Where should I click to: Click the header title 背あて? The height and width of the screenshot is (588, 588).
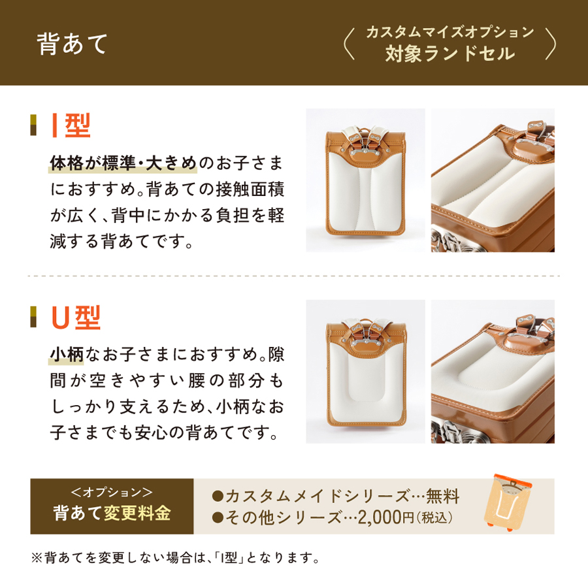pyautogui.click(x=72, y=44)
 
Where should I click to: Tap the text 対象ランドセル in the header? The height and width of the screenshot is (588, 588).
pyautogui.click(x=450, y=54)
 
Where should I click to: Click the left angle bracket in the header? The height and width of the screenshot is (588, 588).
pyautogui.click(x=349, y=44)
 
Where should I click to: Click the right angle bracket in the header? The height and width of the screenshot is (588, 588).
pyautogui.click(x=550, y=44)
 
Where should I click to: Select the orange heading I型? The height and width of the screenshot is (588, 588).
pyautogui.click(x=71, y=125)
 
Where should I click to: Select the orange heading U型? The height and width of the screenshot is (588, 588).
pyautogui.click(x=76, y=318)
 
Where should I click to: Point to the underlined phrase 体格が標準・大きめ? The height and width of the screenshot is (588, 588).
pyautogui.click(x=123, y=163)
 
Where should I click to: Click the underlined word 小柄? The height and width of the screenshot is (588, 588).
pyautogui.click(x=67, y=354)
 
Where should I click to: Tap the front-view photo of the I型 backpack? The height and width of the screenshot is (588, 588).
pyautogui.click(x=365, y=180)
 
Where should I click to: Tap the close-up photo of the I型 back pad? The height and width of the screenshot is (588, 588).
pyautogui.click(x=493, y=180)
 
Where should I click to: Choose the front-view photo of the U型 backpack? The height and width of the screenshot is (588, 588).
pyautogui.click(x=365, y=371)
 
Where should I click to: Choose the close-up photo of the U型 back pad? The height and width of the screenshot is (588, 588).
pyautogui.click(x=493, y=371)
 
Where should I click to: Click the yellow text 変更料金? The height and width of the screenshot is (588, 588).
pyautogui.click(x=137, y=513)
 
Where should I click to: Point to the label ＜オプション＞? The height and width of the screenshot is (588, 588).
pyautogui.click(x=112, y=491)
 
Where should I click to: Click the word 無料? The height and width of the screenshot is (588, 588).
pyautogui.click(x=442, y=496)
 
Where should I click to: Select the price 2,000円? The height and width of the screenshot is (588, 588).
pyautogui.click(x=385, y=517)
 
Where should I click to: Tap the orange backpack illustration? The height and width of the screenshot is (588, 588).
pyautogui.click(x=508, y=501)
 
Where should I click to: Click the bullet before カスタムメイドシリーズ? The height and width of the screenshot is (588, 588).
pyautogui.click(x=217, y=497)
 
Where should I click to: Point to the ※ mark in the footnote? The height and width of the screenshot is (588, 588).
pyautogui.click(x=37, y=558)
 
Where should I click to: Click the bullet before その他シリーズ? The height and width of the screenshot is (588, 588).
pyautogui.click(x=217, y=518)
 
